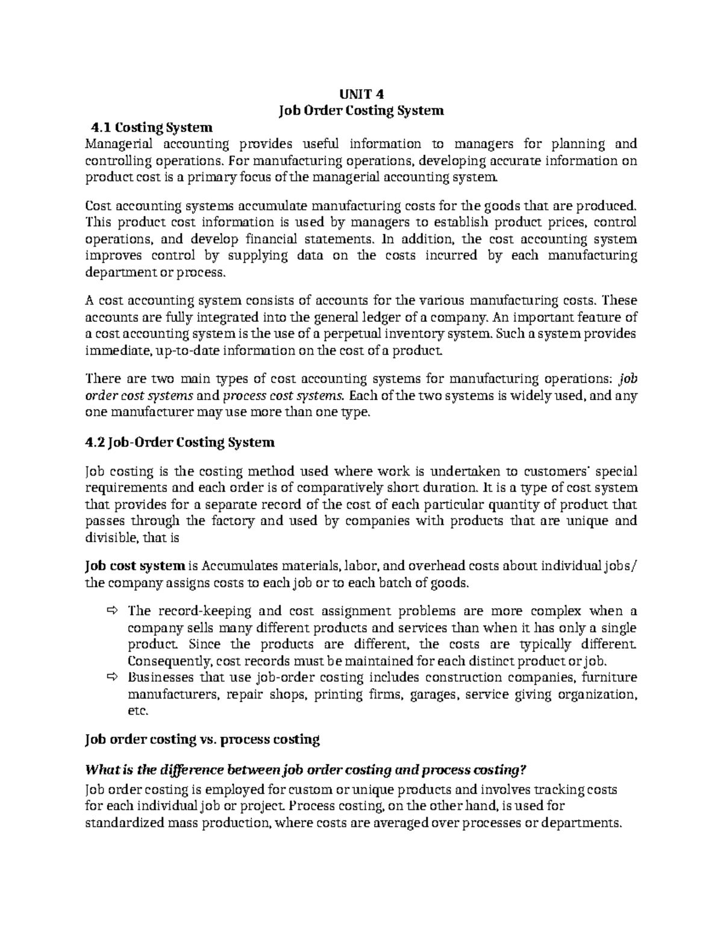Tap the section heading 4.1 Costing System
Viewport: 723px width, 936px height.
pos(151,128)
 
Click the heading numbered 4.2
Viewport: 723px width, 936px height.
pos(180,442)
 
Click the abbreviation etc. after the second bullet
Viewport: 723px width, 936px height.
pos(137,711)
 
